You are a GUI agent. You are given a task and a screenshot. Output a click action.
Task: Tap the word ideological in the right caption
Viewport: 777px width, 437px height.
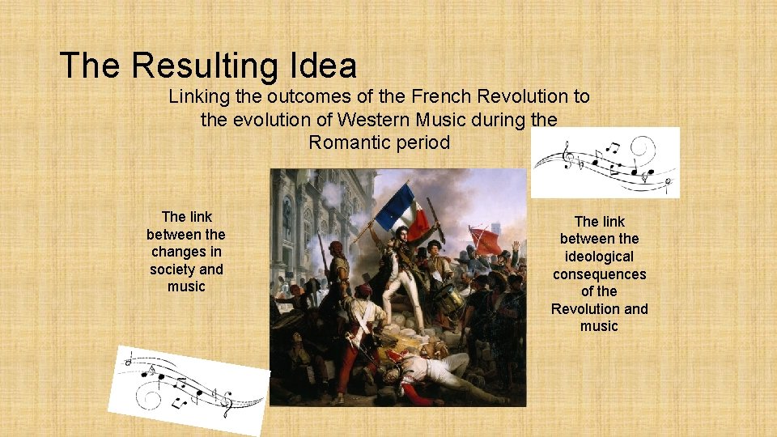599,257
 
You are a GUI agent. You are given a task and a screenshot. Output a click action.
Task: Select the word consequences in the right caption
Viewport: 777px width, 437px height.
599,274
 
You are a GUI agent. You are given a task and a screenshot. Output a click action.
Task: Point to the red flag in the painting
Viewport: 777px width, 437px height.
486,240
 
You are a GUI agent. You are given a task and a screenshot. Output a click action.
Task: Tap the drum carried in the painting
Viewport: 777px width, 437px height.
450,301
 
